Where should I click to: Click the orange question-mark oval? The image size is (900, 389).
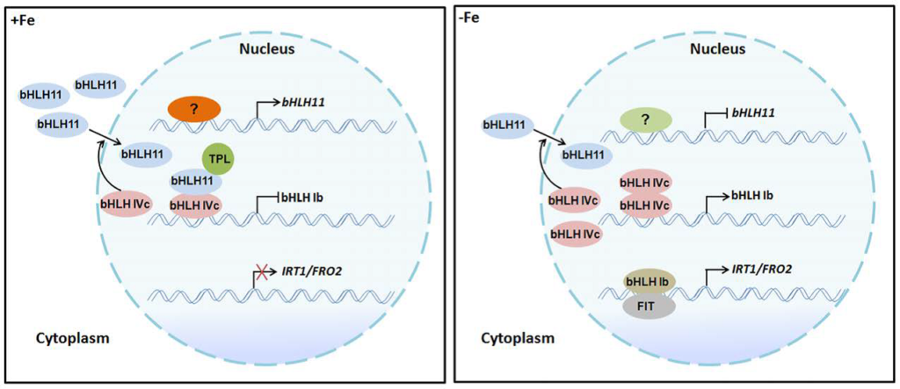click(x=194, y=109)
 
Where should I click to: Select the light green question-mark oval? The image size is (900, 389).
click(x=646, y=120)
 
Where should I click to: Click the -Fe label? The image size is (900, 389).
click(x=469, y=18)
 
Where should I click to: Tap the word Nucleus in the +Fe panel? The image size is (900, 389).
click(x=267, y=49)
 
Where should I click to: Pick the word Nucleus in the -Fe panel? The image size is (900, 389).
click(x=718, y=49)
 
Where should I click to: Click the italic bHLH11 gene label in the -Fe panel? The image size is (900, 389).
click(x=752, y=113)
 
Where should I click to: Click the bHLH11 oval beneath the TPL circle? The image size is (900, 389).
click(x=195, y=182)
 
